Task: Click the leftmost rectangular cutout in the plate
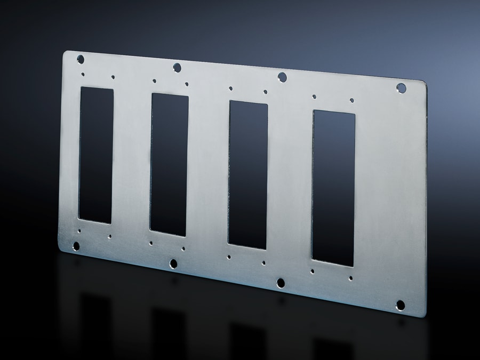[96, 155]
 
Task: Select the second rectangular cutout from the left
[169, 164]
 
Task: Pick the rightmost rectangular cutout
[333, 188]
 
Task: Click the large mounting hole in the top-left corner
[81, 59]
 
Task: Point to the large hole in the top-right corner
[401, 88]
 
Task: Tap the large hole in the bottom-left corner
[76, 246]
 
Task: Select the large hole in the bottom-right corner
[400, 305]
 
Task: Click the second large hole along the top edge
[177, 67]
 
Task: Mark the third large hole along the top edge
[282, 77]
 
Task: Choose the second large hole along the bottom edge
[173, 263]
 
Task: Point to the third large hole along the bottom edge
[281, 283]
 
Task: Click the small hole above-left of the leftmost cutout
[83, 75]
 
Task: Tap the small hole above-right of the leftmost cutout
[113, 77]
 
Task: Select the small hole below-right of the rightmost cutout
[350, 278]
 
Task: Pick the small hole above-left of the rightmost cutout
[314, 97]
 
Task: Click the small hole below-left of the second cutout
[151, 243]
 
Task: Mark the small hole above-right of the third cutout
[265, 92]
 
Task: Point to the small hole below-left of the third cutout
[229, 257]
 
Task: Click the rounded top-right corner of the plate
[423, 83]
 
